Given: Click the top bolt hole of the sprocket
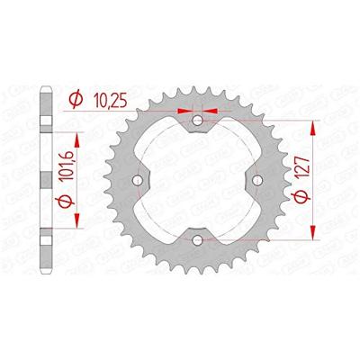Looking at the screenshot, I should (198, 121).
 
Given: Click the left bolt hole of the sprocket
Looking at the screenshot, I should (137, 181).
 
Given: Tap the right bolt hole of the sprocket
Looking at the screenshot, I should (258, 181).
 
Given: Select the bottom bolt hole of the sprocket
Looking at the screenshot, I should (198, 239).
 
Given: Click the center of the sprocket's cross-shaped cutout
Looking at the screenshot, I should (198, 180).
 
